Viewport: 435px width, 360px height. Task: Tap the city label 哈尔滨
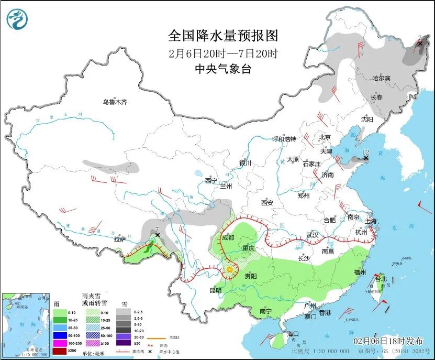tap(381, 78)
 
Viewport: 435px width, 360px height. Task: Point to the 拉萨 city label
tap(119, 239)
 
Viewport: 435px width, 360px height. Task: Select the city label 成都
tap(228, 237)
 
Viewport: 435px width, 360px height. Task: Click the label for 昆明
tap(216, 290)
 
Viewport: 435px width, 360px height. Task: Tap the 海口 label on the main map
tap(293, 334)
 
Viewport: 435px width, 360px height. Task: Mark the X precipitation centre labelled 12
tap(366, 158)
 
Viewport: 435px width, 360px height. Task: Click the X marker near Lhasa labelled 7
tap(158, 236)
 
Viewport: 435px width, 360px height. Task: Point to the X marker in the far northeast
tap(420, 43)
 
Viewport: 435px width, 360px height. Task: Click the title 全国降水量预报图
tap(222, 36)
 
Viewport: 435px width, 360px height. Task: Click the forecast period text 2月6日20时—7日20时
tap(222, 53)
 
